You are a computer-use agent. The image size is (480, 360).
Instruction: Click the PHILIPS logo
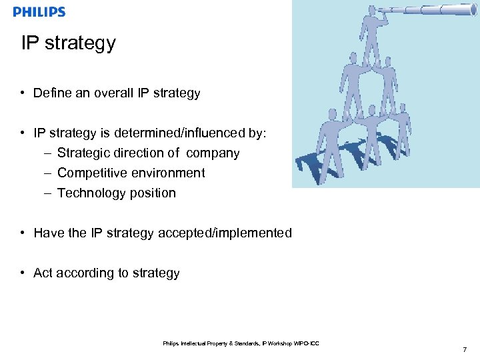tap(39, 12)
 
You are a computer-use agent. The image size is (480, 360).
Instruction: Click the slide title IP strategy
tap(68, 43)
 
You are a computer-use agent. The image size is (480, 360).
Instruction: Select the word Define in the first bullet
tap(52, 93)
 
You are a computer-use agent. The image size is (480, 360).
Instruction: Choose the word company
tap(213, 153)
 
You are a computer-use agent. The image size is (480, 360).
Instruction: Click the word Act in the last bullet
tap(43, 273)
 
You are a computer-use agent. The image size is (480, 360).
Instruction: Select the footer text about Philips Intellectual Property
tap(241, 343)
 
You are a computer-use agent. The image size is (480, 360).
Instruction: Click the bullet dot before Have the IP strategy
tap(23, 233)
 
